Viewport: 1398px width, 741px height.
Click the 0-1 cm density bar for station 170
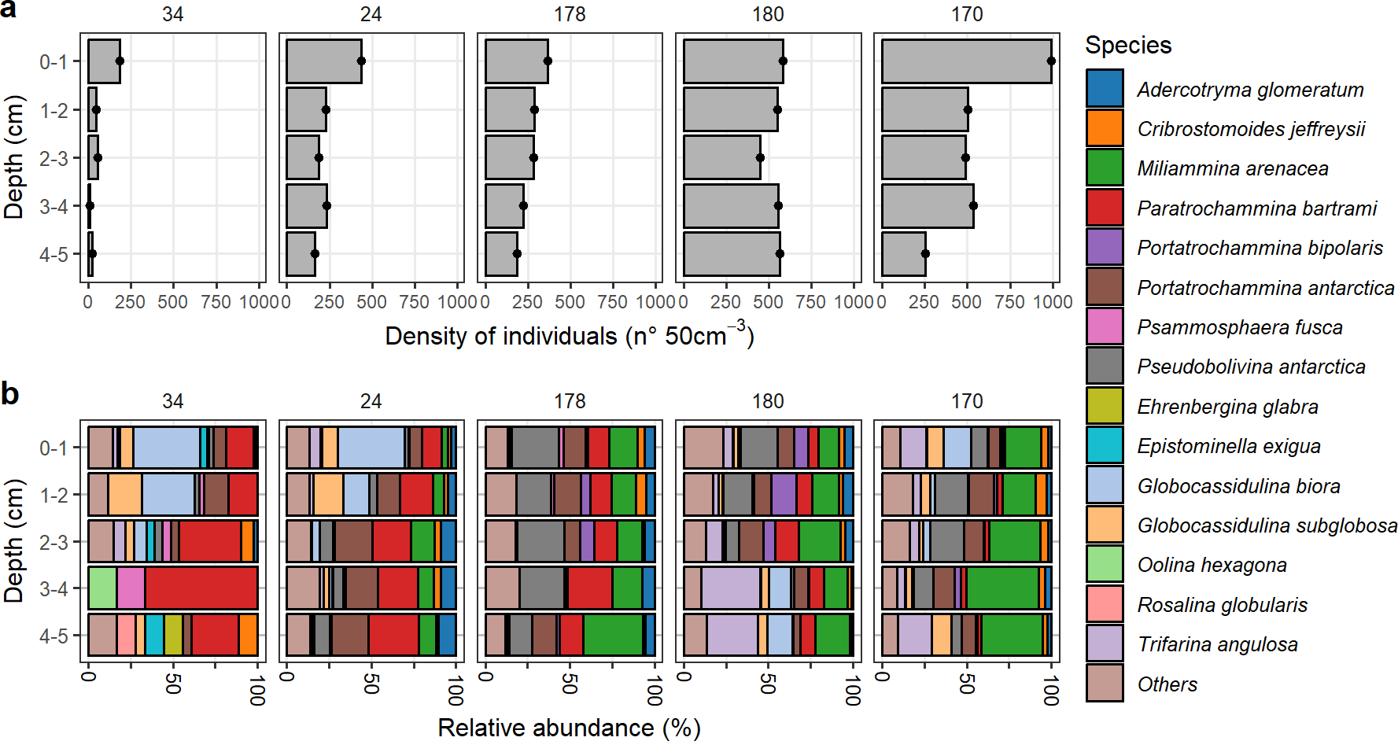point(966,61)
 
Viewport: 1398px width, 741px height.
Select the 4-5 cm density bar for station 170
point(903,254)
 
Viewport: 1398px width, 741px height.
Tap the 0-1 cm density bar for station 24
point(323,61)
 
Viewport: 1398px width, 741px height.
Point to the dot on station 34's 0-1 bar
point(120,61)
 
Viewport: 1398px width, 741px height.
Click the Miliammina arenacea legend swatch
point(1105,168)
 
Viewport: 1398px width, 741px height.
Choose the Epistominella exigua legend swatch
point(1105,445)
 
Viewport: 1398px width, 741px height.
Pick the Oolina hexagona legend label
point(1212,565)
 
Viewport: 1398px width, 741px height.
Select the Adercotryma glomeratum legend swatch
point(1105,88)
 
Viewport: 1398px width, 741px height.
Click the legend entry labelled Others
point(1167,684)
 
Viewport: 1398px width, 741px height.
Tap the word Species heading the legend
point(1128,46)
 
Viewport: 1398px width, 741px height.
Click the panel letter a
point(9,9)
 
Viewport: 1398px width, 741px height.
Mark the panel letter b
point(9,393)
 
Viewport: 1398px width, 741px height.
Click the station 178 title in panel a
point(570,14)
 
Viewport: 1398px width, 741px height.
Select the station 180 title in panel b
point(768,401)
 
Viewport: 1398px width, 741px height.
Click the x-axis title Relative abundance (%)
point(569,728)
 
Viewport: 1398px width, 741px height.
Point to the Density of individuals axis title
point(569,336)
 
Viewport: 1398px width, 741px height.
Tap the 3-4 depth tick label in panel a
point(54,206)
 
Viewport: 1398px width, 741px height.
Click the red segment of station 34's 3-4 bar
point(201,588)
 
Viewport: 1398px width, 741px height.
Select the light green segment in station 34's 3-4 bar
point(102,588)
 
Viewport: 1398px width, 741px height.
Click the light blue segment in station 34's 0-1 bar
point(166,448)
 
